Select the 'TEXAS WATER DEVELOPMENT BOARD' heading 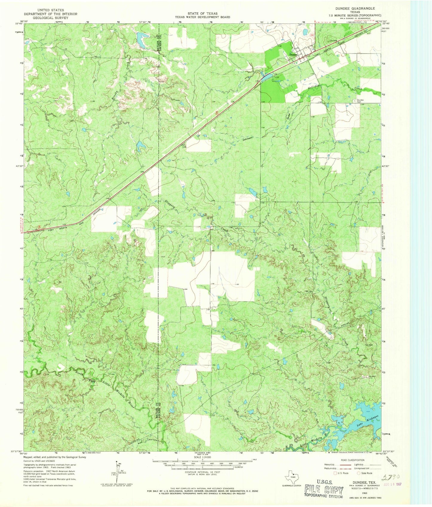[x=202, y=17]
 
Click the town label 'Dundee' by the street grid [x=294, y=54]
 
